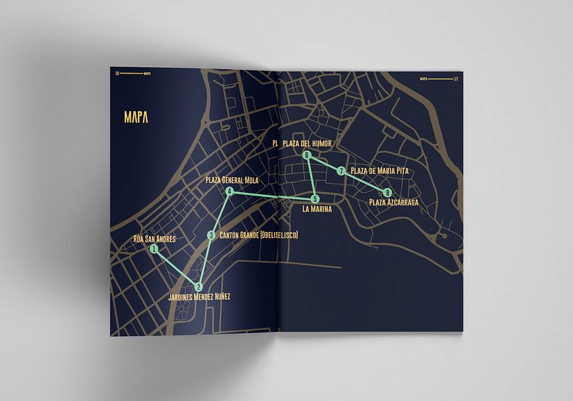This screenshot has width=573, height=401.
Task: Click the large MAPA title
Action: [x=136, y=116]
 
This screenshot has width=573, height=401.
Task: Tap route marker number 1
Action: [x=154, y=248]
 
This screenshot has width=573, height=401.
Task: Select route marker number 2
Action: [x=198, y=286]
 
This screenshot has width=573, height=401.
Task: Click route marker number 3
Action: [x=211, y=235]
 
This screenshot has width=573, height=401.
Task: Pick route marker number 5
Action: [x=315, y=198]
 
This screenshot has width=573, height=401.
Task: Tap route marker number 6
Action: [x=307, y=155]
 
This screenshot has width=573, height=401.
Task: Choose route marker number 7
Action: [x=341, y=171]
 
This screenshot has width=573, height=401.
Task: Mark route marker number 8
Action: [x=387, y=193]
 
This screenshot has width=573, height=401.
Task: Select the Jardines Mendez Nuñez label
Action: [x=199, y=297]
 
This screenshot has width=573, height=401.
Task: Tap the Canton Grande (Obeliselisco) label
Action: [x=259, y=235]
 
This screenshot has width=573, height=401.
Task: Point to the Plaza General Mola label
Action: [x=232, y=180]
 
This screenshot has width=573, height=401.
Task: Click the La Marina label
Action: [x=317, y=208]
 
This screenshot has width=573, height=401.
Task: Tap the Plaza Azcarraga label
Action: [x=393, y=203]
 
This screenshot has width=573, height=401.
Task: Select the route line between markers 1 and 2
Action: [x=176, y=268]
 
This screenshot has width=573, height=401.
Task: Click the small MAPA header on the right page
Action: [x=423, y=80]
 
